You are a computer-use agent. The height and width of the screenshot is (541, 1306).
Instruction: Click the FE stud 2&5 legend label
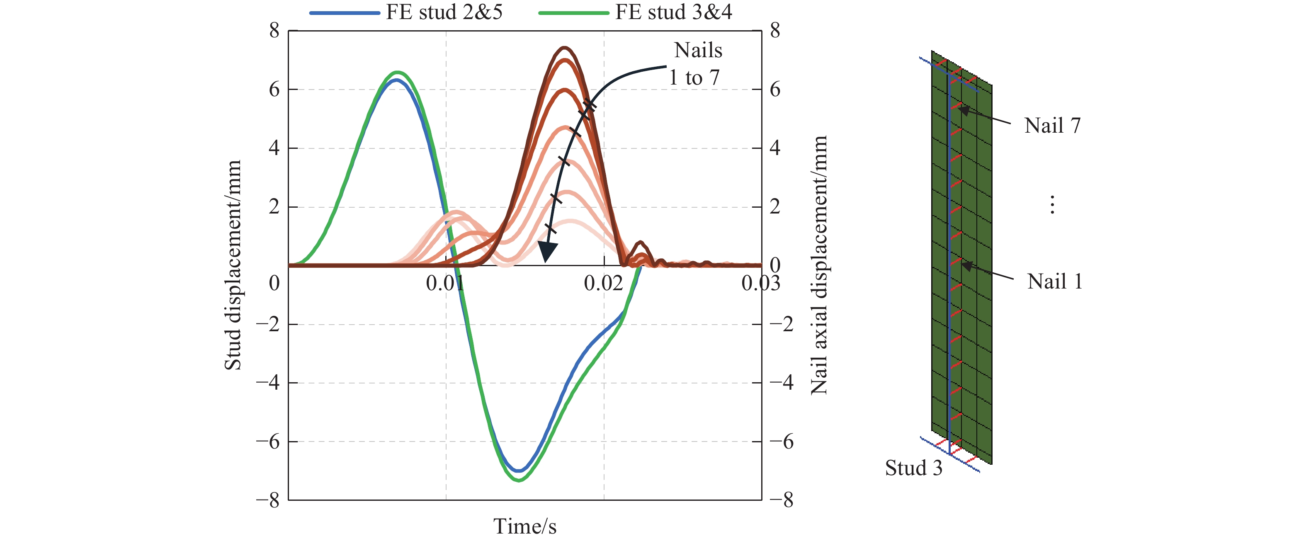coord(444,12)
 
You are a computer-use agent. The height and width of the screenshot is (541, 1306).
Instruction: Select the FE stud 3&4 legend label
coord(673,12)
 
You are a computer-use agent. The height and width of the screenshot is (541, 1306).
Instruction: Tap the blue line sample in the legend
coord(345,13)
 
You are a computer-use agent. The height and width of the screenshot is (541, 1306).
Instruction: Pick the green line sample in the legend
coord(573,13)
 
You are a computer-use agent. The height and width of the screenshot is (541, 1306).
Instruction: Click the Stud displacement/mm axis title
coord(233,265)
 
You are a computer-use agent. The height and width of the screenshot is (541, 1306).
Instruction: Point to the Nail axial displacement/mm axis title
coord(819,265)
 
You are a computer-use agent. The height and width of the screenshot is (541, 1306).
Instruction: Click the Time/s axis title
coord(525,526)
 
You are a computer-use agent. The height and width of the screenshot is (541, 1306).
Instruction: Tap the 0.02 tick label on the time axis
coord(603,283)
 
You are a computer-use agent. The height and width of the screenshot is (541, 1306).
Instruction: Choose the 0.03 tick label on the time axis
coord(760,283)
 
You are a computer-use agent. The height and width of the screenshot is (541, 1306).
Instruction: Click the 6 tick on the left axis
coord(274,90)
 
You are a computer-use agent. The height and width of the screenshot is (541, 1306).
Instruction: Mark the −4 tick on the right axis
coord(781,382)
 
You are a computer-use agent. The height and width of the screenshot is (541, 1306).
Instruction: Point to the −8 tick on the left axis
coord(268,500)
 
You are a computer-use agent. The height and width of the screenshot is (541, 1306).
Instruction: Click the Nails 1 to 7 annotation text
coord(696,64)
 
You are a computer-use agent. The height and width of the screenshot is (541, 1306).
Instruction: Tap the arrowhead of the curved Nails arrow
coord(547,252)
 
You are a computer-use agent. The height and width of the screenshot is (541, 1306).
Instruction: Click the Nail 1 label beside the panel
coord(1054,281)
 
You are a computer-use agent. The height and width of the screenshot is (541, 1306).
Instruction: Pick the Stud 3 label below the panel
coord(914,468)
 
